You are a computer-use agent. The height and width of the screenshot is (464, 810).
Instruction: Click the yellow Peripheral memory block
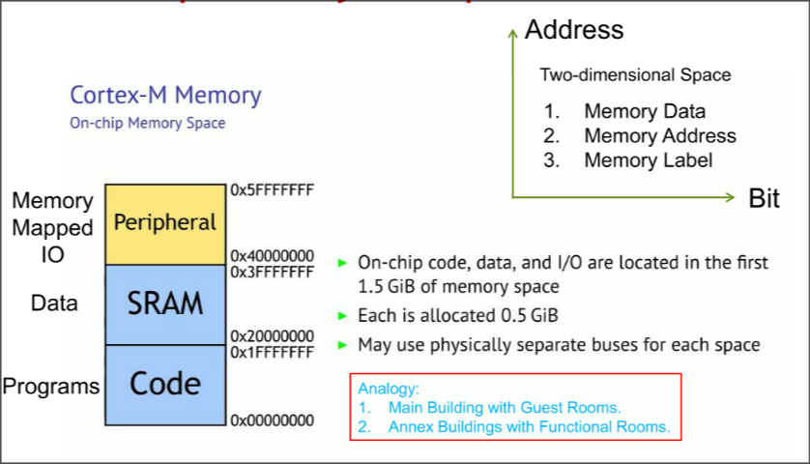pyautogui.click(x=165, y=223)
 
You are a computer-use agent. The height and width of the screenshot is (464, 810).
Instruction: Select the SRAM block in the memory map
pyautogui.click(x=165, y=304)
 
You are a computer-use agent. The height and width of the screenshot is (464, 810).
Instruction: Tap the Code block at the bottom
pyautogui.click(x=165, y=384)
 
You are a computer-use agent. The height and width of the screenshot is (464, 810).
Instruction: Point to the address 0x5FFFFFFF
pyautogui.click(x=272, y=190)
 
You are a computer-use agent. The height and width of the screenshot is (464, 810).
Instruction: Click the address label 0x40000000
pyautogui.click(x=272, y=256)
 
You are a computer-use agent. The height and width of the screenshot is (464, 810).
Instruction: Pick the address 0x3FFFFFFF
pyautogui.click(x=272, y=272)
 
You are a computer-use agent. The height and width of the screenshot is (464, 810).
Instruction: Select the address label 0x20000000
pyautogui.click(x=272, y=336)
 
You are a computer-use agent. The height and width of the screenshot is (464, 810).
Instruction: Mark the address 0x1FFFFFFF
pyautogui.click(x=272, y=352)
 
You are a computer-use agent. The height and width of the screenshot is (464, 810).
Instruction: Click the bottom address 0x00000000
pyautogui.click(x=272, y=420)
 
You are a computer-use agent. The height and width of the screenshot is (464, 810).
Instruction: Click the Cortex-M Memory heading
pyautogui.click(x=165, y=96)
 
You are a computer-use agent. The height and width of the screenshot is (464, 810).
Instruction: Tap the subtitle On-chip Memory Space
pyautogui.click(x=147, y=124)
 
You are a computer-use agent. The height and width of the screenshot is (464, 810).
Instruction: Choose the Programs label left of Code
pyautogui.click(x=50, y=387)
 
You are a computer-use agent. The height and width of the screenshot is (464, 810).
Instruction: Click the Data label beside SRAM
pyautogui.click(x=54, y=304)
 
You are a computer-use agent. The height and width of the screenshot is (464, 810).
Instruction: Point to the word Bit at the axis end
pyautogui.click(x=764, y=199)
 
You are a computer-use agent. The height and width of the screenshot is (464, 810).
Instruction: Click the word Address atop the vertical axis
pyautogui.click(x=574, y=30)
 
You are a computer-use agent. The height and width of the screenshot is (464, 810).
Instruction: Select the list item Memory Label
pyautogui.click(x=648, y=160)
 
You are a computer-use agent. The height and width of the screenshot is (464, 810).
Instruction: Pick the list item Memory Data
pyautogui.click(x=644, y=111)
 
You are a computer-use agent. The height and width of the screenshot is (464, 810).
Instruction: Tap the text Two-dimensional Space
pyautogui.click(x=635, y=74)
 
